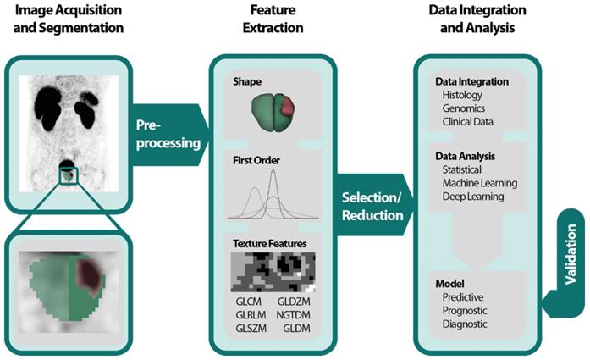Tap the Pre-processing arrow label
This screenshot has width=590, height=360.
[x=168, y=133]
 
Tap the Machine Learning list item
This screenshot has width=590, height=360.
[x=480, y=183]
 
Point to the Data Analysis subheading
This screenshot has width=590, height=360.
[x=465, y=156]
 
